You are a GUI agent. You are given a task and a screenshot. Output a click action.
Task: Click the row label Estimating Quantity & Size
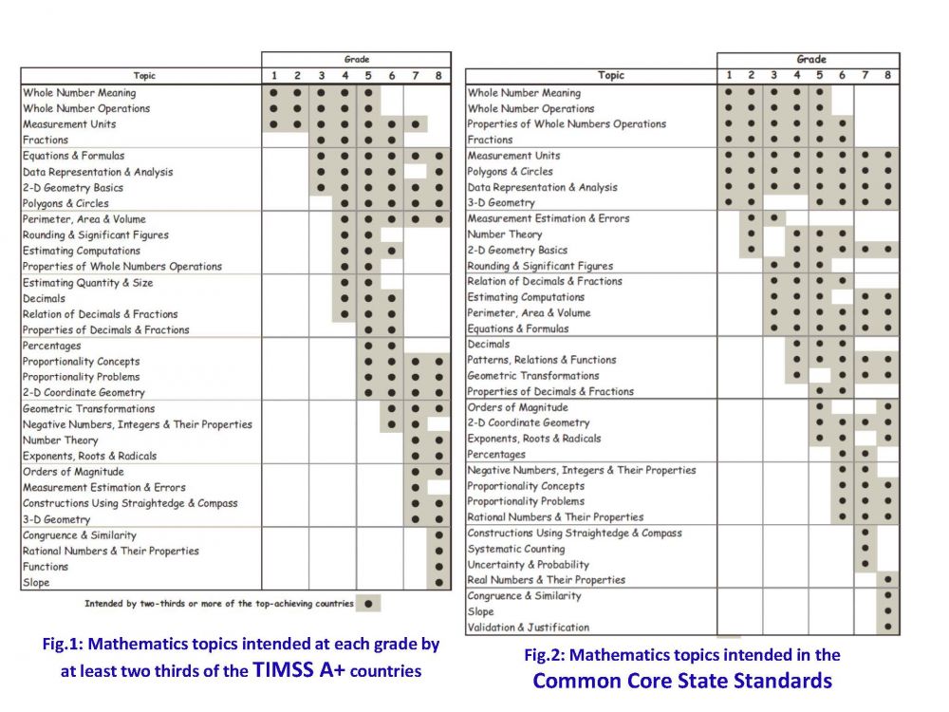[x=87, y=283]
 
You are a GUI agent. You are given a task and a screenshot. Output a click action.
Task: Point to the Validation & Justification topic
[x=528, y=628]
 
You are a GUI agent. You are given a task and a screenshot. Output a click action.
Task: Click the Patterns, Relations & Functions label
[x=541, y=360]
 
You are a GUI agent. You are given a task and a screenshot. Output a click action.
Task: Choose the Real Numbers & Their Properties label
[x=546, y=580]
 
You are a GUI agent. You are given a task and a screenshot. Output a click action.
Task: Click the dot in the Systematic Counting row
[x=865, y=549]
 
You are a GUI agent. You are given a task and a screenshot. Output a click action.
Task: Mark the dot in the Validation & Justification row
[x=888, y=628]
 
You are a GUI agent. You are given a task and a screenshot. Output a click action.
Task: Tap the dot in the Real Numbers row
[x=888, y=580]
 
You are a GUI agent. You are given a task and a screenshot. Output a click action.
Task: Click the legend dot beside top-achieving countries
[x=368, y=603]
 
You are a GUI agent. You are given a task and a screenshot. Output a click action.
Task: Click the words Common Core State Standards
[x=681, y=681]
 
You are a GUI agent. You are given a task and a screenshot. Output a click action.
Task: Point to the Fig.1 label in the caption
[x=64, y=645]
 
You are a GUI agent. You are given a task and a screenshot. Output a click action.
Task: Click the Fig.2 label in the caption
[x=545, y=655]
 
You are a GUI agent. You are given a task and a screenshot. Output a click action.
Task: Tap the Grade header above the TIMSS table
[x=357, y=59]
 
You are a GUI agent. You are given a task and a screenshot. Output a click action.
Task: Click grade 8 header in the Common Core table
[x=888, y=75]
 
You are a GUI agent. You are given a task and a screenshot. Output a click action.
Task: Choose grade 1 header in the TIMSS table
[x=273, y=75]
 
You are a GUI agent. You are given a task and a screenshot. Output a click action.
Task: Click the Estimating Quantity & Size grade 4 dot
[x=344, y=283]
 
